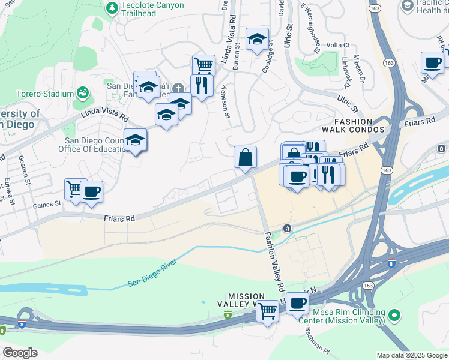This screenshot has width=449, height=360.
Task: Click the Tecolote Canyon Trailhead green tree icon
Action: tap(112, 8)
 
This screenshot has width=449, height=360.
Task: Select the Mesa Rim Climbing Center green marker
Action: tap(394, 314)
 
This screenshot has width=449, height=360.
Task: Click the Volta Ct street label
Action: tap(338, 45)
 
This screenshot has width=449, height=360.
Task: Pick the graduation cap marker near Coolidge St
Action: tap(257, 39)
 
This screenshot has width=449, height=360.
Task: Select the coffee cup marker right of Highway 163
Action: tap(432, 62)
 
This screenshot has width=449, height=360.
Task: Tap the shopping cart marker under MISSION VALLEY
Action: tap(268, 311)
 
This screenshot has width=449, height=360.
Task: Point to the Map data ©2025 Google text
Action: tap(411, 355)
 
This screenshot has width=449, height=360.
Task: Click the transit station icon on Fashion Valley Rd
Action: tap(288, 228)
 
